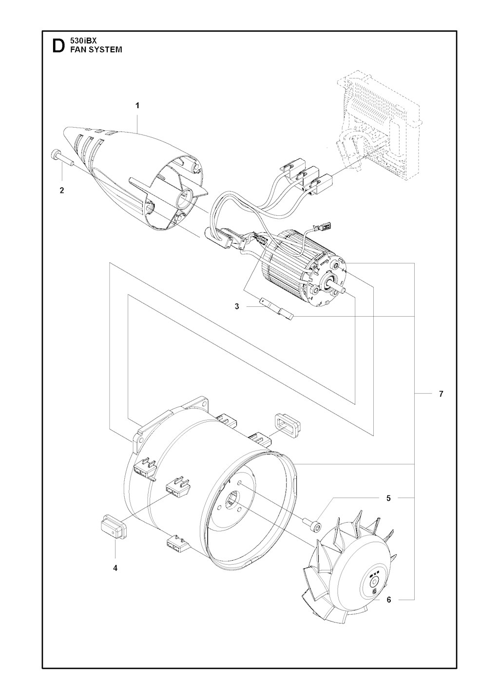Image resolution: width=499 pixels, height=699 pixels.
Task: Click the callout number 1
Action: coord(137,106)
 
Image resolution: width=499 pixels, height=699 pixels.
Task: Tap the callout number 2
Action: coord(62,190)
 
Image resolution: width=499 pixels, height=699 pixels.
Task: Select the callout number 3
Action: coord(237,307)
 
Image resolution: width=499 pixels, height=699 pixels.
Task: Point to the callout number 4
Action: coord(115,568)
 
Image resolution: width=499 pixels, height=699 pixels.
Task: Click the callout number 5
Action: coord(388,498)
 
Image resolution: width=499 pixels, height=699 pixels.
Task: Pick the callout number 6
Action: coord(388,608)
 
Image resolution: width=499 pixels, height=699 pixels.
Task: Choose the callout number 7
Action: coord(441,394)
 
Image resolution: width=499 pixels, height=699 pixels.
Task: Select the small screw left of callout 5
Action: coord(312,525)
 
